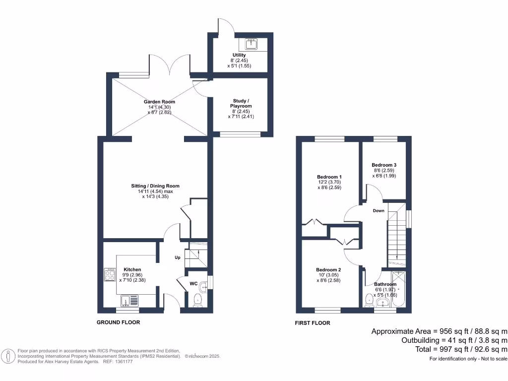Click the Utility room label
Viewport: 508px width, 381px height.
[x=239, y=55]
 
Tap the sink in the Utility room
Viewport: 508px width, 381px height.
[x=253, y=44]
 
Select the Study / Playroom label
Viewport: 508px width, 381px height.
[x=241, y=103]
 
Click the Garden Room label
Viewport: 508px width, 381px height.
[x=159, y=102]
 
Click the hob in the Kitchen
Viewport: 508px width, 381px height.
[x=110, y=274]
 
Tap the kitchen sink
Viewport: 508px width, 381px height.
[x=127, y=300]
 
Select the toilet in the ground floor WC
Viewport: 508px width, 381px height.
[x=198, y=299]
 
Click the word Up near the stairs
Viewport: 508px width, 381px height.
[x=177, y=258]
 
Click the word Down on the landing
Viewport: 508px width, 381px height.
[x=379, y=210]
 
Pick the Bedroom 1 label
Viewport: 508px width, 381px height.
[x=329, y=177]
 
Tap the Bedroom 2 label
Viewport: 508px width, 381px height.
[x=328, y=270]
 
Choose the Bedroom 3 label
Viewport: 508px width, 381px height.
[x=384, y=165]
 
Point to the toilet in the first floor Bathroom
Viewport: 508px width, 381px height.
[x=369, y=300]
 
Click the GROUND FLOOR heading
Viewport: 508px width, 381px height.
[x=118, y=322]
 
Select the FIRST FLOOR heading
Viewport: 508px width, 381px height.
[x=313, y=323]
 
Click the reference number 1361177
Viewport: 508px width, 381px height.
[x=123, y=362]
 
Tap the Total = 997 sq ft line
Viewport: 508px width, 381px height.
[x=454, y=349]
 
